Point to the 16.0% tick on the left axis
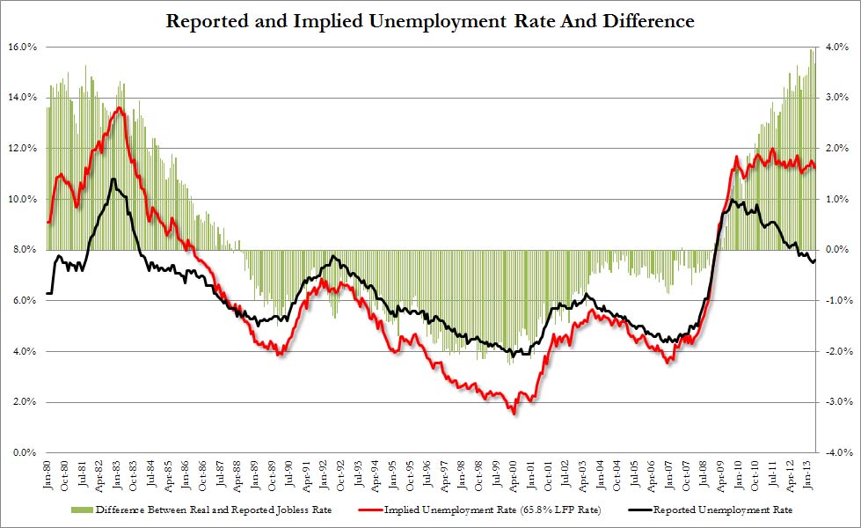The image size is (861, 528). (x=20, y=48)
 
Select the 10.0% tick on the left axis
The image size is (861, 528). (x=20, y=200)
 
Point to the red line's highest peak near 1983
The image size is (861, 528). (x=119, y=107)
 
